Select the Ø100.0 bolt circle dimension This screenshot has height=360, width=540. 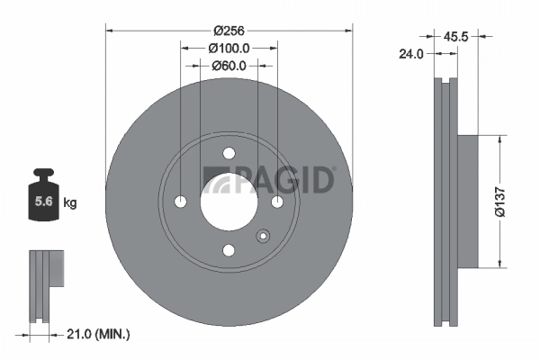point(228,48)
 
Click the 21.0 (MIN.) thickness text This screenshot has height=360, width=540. point(99,334)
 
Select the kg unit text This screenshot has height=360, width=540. point(70,202)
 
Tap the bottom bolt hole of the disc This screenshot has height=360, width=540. point(229,249)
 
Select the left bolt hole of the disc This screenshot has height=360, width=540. point(180,201)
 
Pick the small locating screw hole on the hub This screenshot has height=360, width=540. point(263,237)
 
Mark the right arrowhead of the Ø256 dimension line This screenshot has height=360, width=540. point(349,30)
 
